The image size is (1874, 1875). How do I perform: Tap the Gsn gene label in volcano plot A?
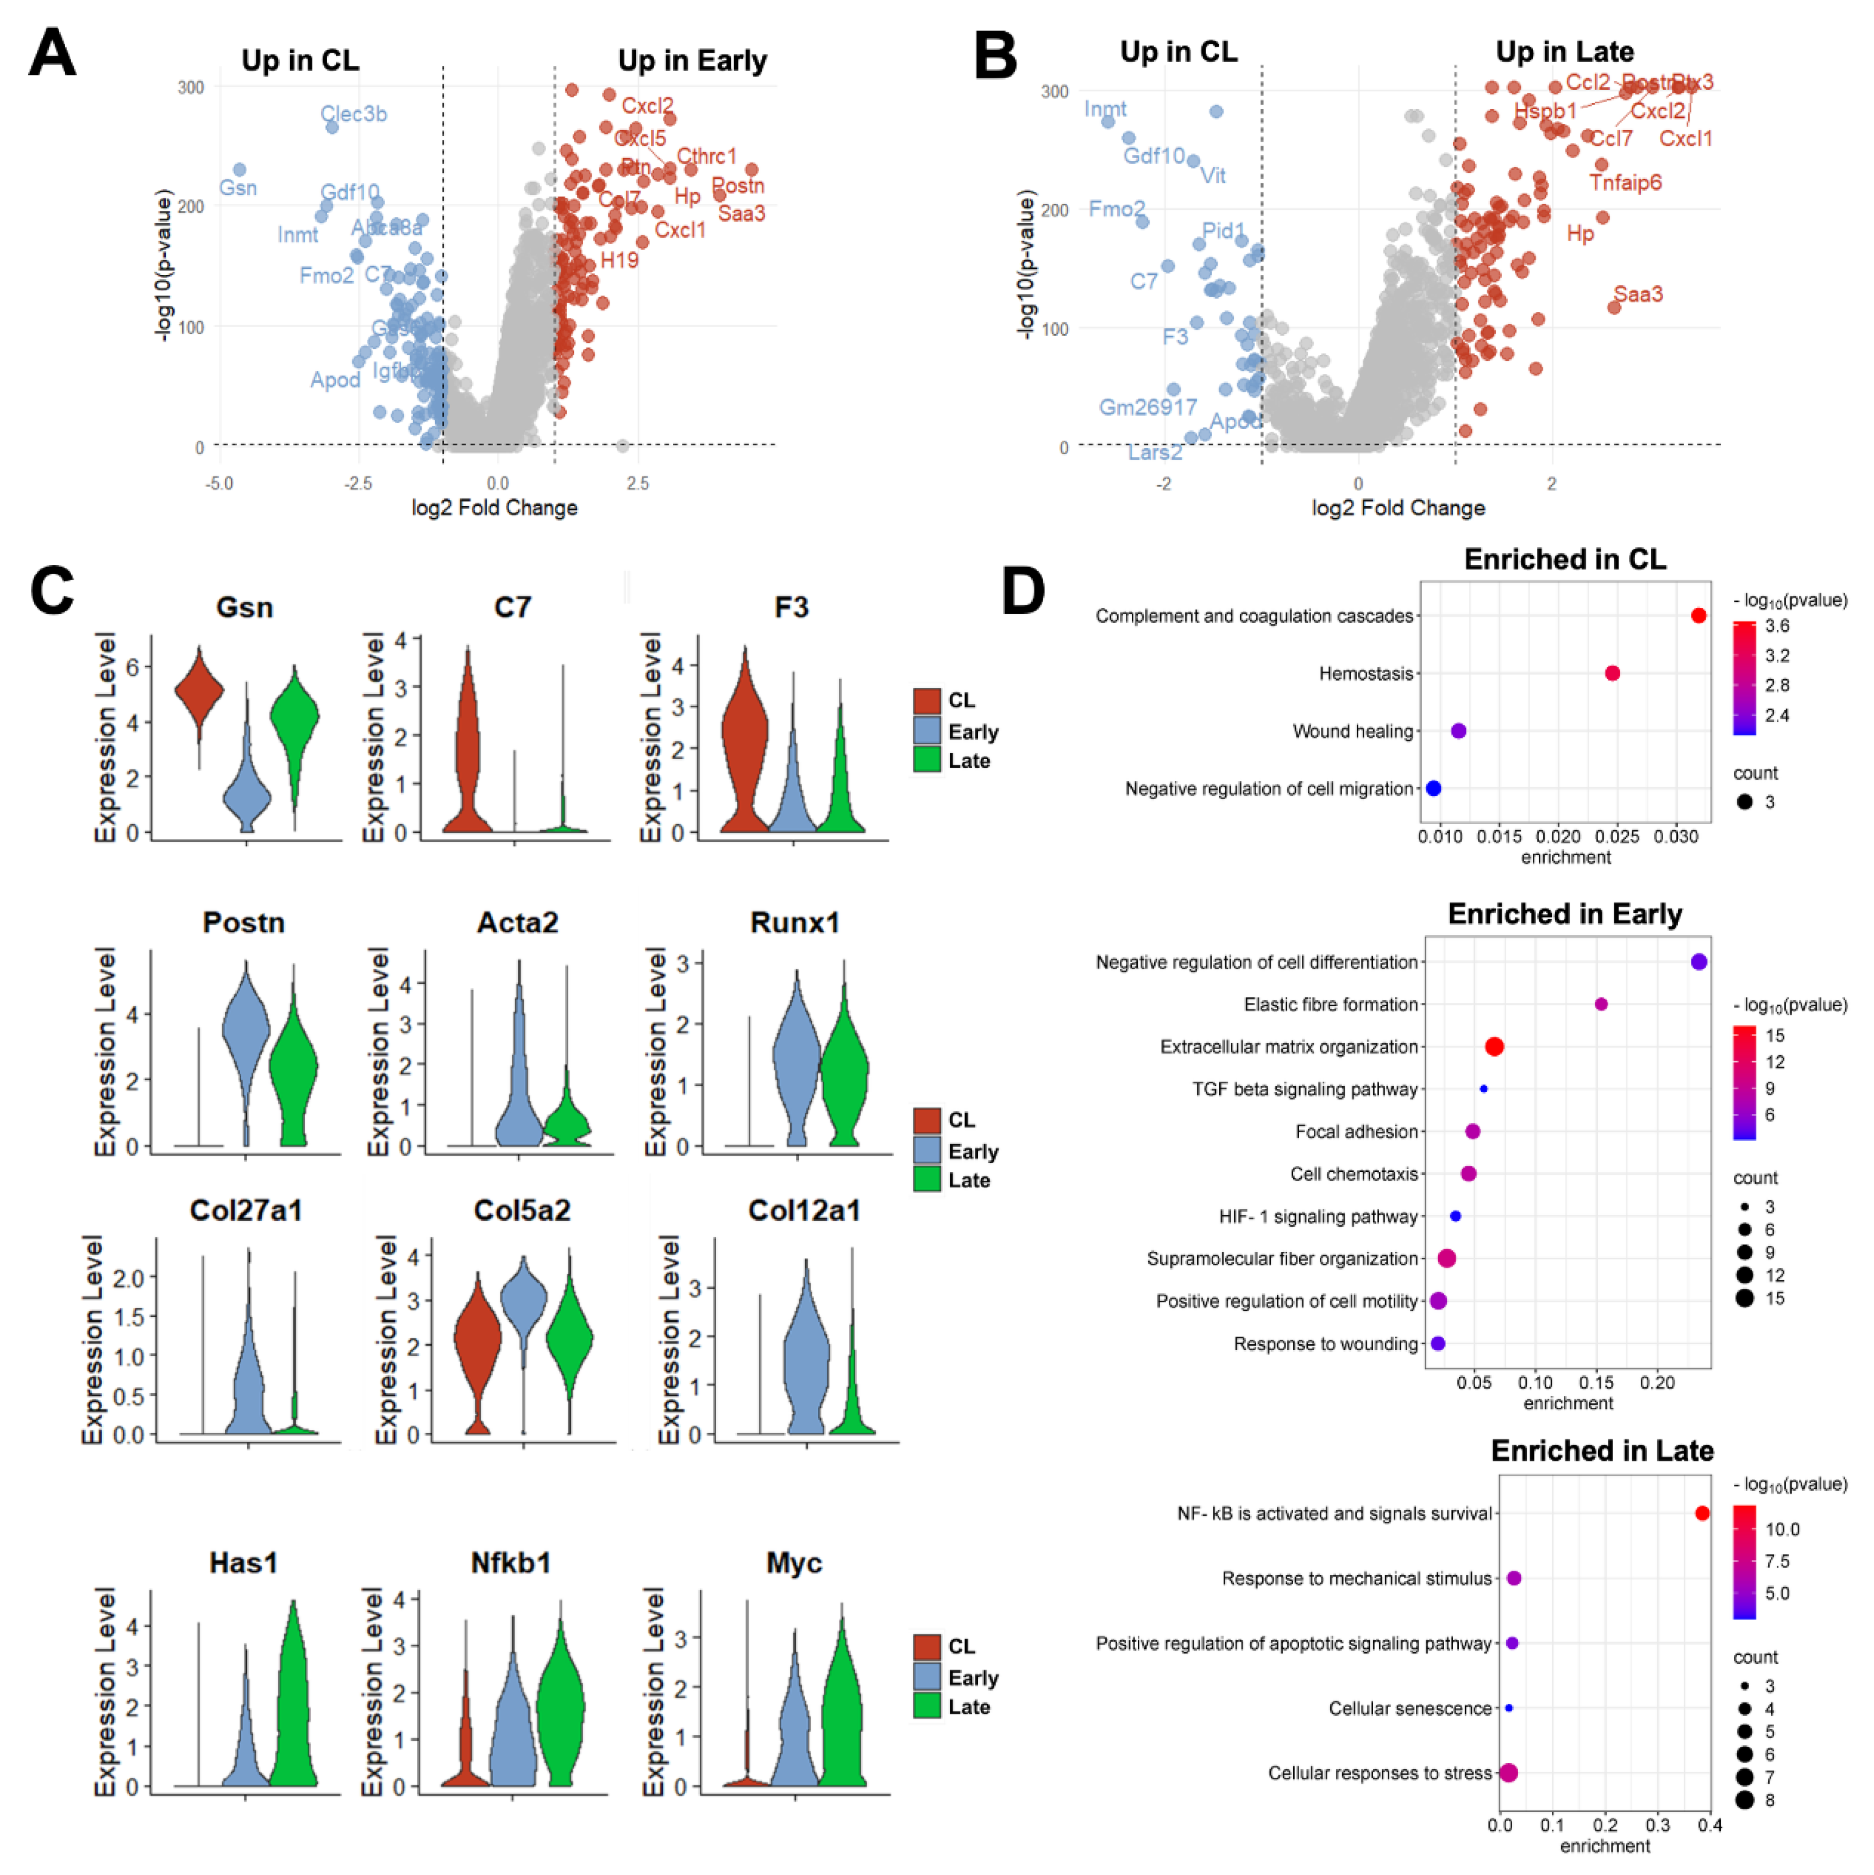238,189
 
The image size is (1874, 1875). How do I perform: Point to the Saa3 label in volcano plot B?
1638,294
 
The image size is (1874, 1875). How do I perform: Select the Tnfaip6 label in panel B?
1626,183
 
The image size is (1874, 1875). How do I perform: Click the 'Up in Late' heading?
1564,52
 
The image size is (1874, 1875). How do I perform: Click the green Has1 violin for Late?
293,1708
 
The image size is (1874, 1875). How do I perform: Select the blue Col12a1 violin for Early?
805,1359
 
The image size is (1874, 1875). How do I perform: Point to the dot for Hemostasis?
1612,674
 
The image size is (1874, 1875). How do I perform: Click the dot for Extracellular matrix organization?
1495,1046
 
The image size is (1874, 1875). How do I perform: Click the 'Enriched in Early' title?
1564,914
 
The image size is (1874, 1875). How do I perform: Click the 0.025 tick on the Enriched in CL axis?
1617,837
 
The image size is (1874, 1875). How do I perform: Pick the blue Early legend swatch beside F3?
927,731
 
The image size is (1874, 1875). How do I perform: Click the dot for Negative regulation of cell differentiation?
1698,962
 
